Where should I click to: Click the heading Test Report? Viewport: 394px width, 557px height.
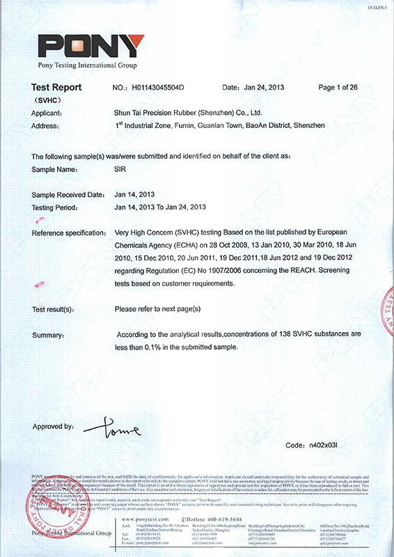coord(56,88)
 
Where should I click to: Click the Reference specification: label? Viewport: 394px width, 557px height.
coord(68,233)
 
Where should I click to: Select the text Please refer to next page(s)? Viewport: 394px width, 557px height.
coord(157,308)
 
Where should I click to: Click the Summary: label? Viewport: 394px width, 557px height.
coord(49,336)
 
